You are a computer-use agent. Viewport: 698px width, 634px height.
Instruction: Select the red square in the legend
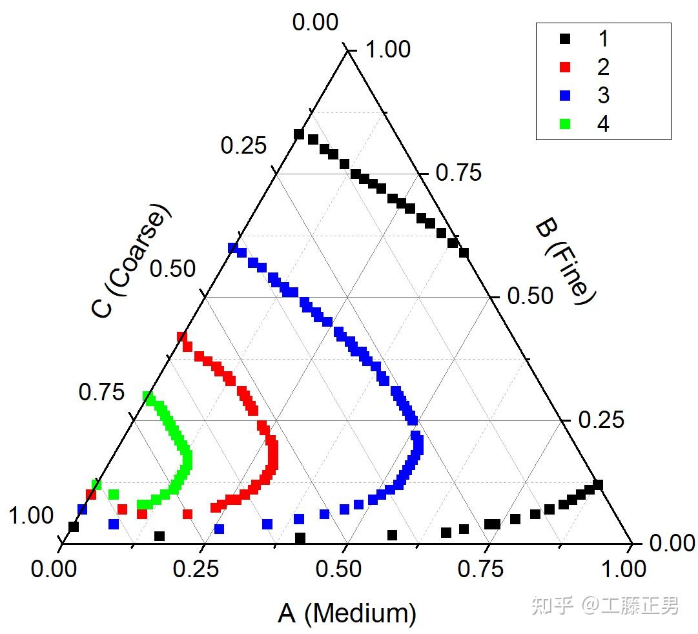[565, 67]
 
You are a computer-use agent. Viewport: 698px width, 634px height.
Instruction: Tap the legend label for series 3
[602, 96]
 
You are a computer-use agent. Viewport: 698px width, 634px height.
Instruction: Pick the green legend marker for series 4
[565, 124]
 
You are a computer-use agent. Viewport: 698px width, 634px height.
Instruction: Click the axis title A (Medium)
[347, 613]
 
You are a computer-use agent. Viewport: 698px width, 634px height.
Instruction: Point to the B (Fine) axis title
[564, 263]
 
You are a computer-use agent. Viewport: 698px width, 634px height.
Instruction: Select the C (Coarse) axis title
[132, 261]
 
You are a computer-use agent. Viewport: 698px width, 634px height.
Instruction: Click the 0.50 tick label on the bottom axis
[346, 569]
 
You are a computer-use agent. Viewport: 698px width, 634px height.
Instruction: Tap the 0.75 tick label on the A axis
[489, 569]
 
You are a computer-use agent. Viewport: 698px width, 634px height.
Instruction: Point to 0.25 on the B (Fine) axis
[601, 420]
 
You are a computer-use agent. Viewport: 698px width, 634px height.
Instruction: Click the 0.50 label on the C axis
[172, 268]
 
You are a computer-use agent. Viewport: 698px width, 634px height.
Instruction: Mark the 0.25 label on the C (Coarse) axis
[243, 145]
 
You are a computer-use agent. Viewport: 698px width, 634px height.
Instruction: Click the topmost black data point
[299, 134]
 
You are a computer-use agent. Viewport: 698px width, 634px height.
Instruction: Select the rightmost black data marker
[598, 485]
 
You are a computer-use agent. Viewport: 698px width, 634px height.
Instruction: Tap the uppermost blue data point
[234, 247]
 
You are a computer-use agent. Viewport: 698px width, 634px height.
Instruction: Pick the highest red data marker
[182, 337]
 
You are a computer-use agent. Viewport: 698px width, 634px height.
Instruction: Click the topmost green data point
[148, 395]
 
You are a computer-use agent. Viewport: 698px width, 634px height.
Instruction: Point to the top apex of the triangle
[347, 50]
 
